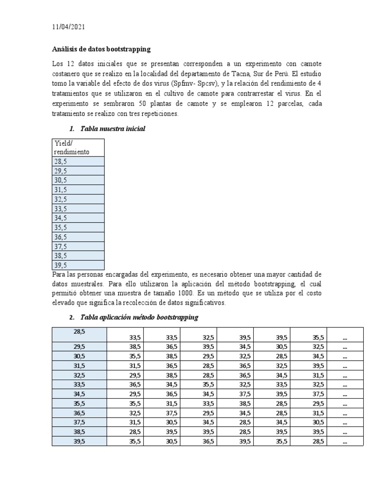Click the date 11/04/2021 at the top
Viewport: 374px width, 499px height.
click(68, 27)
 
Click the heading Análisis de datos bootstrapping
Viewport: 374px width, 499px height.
click(101, 49)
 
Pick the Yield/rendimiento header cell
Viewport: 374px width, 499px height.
click(77, 147)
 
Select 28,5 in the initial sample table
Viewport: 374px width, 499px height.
click(61, 161)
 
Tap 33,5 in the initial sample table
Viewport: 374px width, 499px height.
click(61, 209)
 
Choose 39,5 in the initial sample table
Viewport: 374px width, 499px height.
click(61, 265)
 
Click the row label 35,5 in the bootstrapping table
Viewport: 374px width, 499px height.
click(79, 403)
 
